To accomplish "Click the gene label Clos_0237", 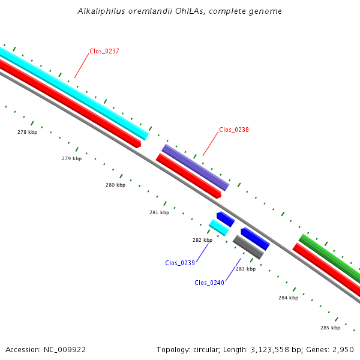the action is (x=104, y=51).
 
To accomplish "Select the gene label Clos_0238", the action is (x=234, y=130).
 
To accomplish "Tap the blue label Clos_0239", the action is (x=180, y=263).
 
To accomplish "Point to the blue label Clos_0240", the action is (x=209, y=283).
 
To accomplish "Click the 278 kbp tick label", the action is (x=27, y=132).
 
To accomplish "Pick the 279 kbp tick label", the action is (x=71, y=158).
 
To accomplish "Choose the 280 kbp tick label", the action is (x=115, y=185).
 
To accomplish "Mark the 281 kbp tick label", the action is (x=159, y=212).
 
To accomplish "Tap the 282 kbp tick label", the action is (x=202, y=240).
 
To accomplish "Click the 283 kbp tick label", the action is (x=245, y=269).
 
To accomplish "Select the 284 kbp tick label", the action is (x=288, y=298).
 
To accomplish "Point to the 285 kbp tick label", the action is (x=330, y=328).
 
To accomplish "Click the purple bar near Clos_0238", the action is (x=196, y=167).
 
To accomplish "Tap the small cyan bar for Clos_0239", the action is (x=219, y=227).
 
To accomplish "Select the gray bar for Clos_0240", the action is (x=248, y=247).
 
